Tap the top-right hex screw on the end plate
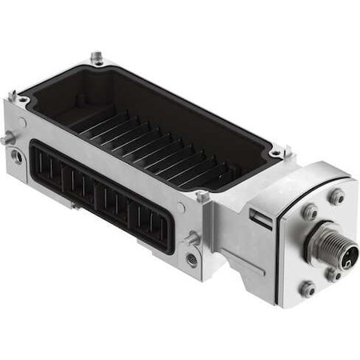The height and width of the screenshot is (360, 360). pyautogui.click(x=337, y=195)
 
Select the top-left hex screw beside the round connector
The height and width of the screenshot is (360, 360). pyautogui.click(x=309, y=211)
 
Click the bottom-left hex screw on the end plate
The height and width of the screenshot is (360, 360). pyautogui.click(x=308, y=290)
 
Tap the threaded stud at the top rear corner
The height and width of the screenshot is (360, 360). pyautogui.click(x=97, y=57)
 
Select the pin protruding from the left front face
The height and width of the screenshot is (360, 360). pyautogui.click(x=7, y=140)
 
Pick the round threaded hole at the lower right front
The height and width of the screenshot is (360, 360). pyautogui.click(x=191, y=258)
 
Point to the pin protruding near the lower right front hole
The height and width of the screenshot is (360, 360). pyautogui.click(x=192, y=237)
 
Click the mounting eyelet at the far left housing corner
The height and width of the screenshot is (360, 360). pyautogui.click(x=23, y=99)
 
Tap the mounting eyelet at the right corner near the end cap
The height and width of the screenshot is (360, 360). pyautogui.click(x=276, y=152)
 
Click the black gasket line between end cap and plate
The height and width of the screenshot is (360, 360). pyautogui.click(x=276, y=240)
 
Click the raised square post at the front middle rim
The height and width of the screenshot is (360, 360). pyautogui.click(x=202, y=196)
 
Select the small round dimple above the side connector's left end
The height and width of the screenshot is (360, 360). pyautogui.click(x=23, y=121)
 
